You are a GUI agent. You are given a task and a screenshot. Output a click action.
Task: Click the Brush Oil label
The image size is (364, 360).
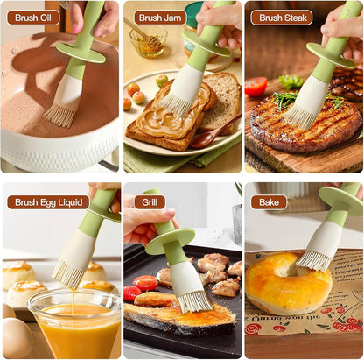point(33,18)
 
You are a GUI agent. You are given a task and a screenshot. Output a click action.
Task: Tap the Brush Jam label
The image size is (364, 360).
point(160,18)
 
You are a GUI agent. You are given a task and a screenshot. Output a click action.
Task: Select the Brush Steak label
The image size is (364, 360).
point(283,18)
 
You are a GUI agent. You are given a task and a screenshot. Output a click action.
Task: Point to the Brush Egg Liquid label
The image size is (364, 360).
point(48,202)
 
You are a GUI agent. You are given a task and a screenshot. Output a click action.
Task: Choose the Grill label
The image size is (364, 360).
point(150,202)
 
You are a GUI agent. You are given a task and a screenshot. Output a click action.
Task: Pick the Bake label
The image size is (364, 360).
point(269,202)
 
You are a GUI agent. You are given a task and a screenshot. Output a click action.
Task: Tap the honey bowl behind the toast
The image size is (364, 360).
point(149,41)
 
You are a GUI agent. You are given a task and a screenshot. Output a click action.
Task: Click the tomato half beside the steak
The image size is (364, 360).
point(255,87)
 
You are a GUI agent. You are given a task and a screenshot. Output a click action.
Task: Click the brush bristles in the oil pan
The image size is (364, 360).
point(59,115)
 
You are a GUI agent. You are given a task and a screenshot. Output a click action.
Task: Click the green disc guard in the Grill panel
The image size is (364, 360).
point(170,241)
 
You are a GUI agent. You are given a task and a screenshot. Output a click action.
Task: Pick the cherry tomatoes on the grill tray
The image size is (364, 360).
point(141,287)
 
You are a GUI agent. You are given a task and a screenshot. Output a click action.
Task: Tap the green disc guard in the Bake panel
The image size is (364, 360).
point(341,201)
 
